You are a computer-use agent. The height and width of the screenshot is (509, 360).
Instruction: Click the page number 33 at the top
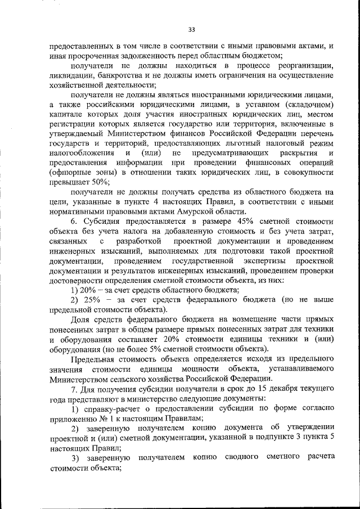click(191, 29)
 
